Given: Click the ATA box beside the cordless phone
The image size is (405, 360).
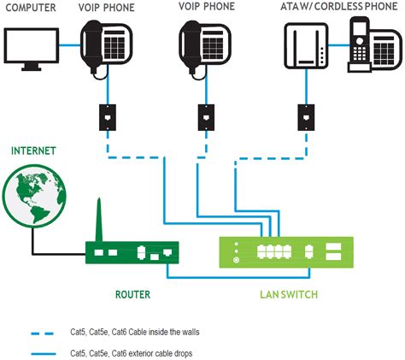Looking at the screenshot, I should [305, 47].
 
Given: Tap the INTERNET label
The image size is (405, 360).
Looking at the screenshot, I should [33, 150].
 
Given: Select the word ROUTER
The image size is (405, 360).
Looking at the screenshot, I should [132, 294].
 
